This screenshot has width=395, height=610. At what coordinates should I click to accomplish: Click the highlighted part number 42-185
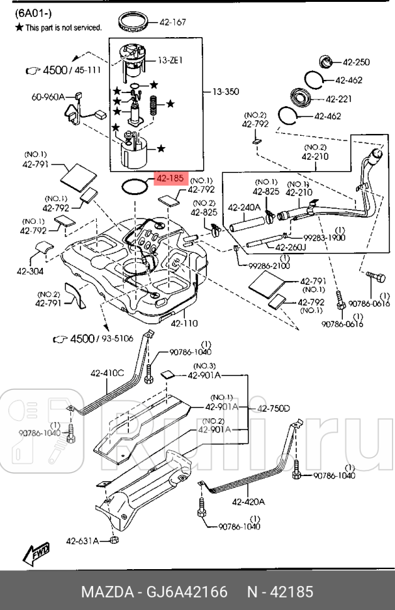(169, 179)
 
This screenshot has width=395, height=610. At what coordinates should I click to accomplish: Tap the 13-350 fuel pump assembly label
(225, 92)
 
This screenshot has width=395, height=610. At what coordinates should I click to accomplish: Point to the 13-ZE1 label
(170, 60)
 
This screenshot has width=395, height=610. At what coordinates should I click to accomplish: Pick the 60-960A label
(48, 97)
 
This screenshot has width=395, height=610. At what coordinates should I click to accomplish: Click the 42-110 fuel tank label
(184, 323)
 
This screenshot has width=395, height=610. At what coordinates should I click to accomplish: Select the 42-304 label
(29, 272)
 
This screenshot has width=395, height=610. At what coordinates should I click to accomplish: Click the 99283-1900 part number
(325, 239)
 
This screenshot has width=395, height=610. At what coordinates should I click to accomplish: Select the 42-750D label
(273, 409)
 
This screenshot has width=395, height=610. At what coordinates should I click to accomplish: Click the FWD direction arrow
(38, 553)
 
